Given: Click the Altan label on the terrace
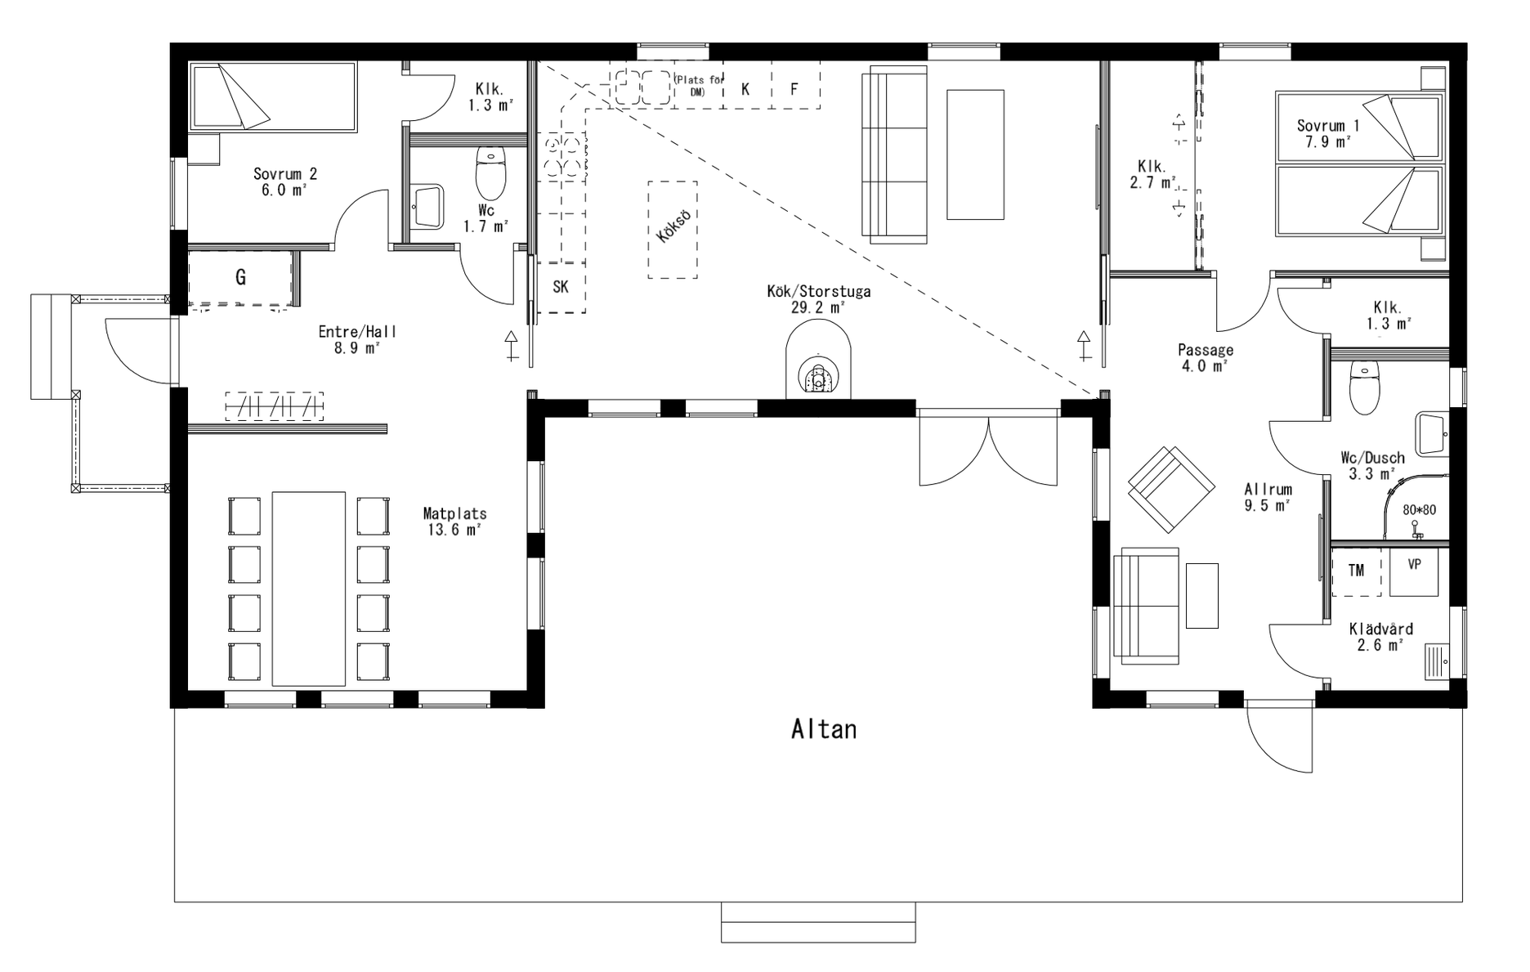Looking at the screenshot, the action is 824,729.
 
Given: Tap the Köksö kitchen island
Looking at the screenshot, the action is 673,230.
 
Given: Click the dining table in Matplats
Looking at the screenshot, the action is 308,589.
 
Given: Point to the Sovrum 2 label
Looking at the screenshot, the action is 285,174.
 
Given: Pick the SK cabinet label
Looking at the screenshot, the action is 561,287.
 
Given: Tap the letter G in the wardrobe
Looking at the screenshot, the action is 240,278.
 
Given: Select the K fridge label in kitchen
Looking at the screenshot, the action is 745,89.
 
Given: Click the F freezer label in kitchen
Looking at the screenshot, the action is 794,89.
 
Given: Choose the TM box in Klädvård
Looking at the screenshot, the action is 1357,571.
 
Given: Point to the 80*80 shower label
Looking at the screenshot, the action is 1419,510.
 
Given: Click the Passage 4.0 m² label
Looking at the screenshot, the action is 1206,358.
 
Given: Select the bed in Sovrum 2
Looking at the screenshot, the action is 273,96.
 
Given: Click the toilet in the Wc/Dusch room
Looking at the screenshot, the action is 1364,387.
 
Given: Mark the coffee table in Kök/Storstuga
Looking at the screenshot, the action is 975,155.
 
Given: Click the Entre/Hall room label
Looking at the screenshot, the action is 357,332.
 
